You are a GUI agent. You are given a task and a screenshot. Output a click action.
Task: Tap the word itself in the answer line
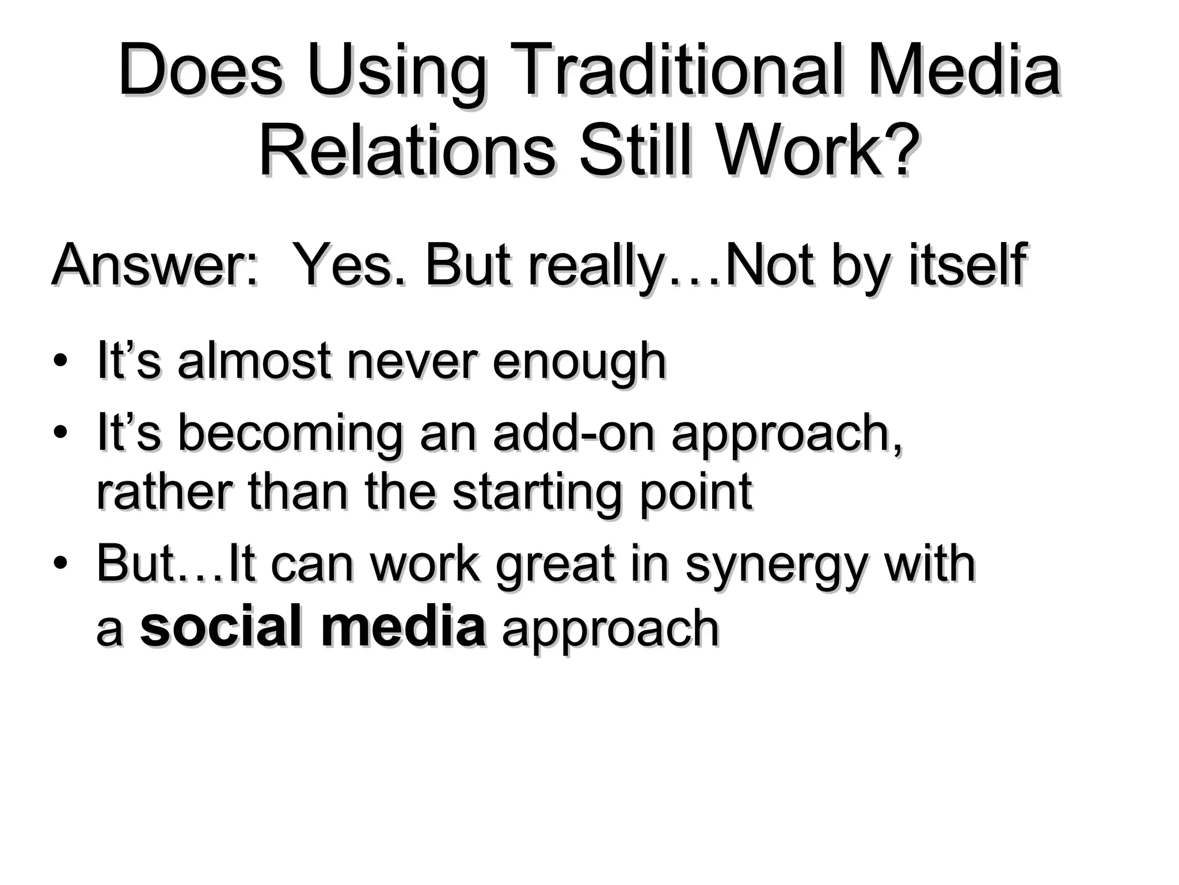(x=967, y=266)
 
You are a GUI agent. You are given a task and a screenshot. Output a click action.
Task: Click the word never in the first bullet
(x=412, y=361)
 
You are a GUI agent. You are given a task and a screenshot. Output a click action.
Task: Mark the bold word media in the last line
(x=403, y=626)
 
